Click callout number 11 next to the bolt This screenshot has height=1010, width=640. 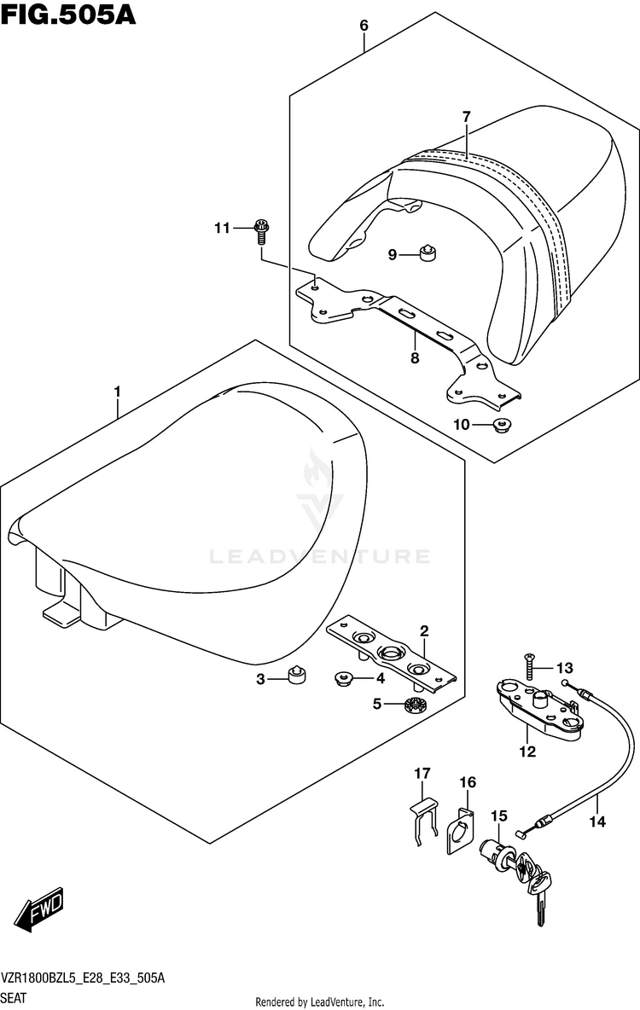pos(223,228)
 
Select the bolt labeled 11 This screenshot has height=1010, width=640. pos(262,230)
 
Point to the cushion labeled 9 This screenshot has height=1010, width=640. pos(429,252)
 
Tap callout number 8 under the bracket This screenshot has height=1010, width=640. pos(415,358)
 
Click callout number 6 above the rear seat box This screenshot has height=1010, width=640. pos(364,26)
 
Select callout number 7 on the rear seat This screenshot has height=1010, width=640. pos(467,117)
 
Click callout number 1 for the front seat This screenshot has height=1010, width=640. pos(118,392)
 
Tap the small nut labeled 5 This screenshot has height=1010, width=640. pos(416,705)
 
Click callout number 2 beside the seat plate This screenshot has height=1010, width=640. pos(424,631)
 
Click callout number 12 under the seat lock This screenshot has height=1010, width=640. pos(527,752)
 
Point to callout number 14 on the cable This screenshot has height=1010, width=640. pos(596,821)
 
